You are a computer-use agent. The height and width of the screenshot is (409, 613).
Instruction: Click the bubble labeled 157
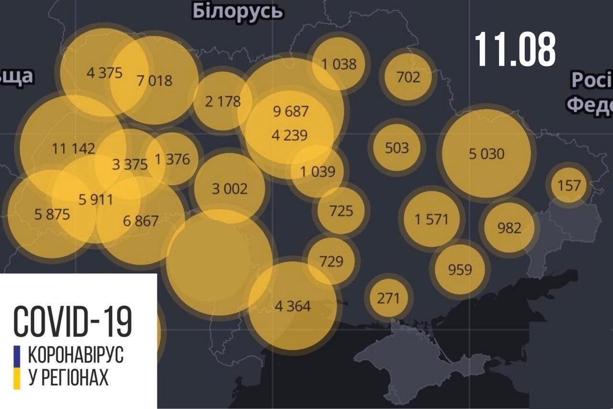click(569, 185)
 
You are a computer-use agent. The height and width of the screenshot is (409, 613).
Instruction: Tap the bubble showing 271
click(388, 298)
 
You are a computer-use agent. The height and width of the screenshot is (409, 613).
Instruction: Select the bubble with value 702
click(408, 77)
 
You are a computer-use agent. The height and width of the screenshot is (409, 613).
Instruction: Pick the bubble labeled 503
click(397, 148)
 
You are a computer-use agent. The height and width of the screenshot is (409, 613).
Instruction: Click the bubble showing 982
click(509, 227)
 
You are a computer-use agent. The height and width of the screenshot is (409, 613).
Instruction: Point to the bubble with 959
click(460, 269)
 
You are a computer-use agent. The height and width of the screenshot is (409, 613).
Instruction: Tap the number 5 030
click(487, 154)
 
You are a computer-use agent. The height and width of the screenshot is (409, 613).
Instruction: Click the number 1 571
click(431, 219)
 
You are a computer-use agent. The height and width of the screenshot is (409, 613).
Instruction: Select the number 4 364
click(293, 306)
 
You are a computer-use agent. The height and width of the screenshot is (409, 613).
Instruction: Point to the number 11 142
click(73, 148)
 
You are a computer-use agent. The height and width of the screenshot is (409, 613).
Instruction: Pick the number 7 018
click(155, 80)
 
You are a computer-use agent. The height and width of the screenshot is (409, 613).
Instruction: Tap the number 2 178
click(223, 101)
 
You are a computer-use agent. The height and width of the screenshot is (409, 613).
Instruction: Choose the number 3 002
click(230, 188)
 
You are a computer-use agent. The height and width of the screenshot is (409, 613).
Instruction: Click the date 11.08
click(515, 50)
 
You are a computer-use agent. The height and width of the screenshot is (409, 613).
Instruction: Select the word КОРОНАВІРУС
click(76, 355)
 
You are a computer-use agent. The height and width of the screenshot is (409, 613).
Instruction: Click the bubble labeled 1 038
click(339, 64)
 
